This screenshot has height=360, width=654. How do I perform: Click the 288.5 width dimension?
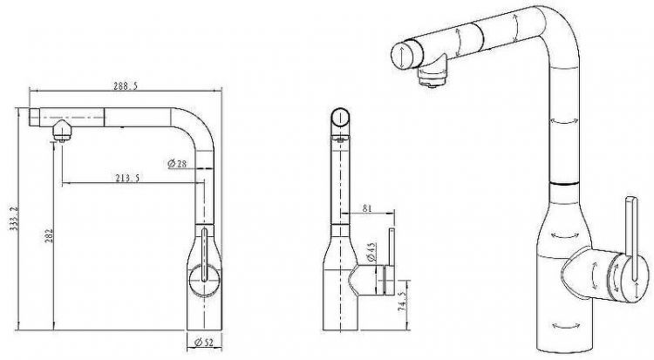[125, 86]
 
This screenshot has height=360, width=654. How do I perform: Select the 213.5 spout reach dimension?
[127, 178]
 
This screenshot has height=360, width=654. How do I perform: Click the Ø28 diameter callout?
[177, 164]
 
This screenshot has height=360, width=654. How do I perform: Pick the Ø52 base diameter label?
[204, 343]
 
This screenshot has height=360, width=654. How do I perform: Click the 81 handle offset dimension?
[367, 207]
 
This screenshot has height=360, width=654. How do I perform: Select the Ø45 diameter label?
[371, 252]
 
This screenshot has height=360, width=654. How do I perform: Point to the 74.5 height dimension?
[402, 302]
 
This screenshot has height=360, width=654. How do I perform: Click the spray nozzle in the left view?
[62, 131]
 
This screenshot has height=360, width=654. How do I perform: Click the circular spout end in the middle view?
[340, 117]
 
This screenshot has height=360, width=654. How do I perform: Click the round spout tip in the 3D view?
[402, 56]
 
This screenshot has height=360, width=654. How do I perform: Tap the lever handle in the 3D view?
[631, 239]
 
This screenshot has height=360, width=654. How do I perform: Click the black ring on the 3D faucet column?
[564, 184]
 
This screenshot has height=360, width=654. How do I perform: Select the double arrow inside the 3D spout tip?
[401, 58]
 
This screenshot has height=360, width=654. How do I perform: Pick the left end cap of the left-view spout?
[34, 117]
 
